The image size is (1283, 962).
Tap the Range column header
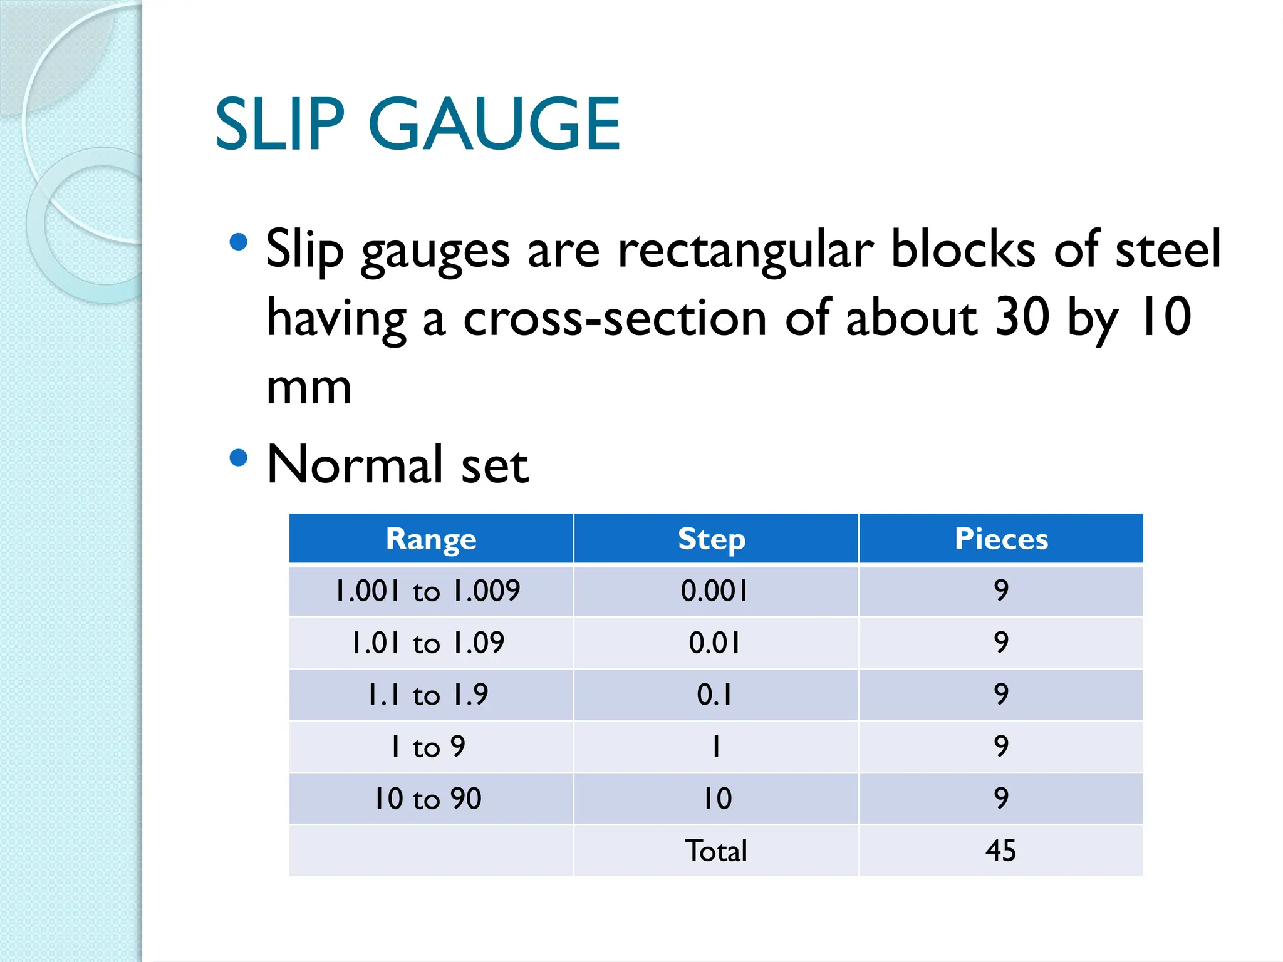431,539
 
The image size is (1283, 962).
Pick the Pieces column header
1000,539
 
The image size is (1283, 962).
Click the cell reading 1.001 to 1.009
428,591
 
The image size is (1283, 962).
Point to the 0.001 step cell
714,591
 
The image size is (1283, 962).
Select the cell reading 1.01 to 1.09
428,643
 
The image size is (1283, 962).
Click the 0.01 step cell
714,643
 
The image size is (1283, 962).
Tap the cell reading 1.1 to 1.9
428,695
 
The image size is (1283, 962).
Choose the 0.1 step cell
714,695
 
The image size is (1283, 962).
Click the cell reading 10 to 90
428,799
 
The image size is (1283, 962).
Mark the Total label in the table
715,851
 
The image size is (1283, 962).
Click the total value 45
1000,851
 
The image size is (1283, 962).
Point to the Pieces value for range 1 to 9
1001,747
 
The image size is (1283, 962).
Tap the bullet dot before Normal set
238,458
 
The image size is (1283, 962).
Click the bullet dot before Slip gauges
238,242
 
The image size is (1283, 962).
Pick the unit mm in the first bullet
308,388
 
